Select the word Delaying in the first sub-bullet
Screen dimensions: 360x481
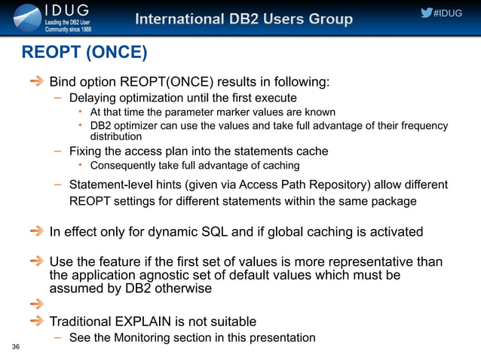tap(92, 99)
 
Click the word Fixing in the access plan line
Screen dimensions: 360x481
tap(85, 151)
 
